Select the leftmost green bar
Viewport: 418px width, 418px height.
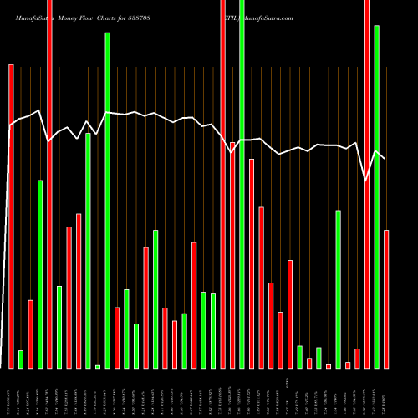[x=21, y=359]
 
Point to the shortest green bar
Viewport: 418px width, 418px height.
[x=98, y=366]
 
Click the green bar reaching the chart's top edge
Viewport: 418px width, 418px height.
[x=242, y=184]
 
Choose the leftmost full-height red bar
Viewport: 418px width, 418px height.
[x=49, y=184]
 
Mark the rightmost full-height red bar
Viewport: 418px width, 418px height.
[x=367, y=184]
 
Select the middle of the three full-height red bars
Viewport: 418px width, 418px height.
[x=222, y=184]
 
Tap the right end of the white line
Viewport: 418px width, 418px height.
[x=385, y=158]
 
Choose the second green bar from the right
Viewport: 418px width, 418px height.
[x=339, y=289]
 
